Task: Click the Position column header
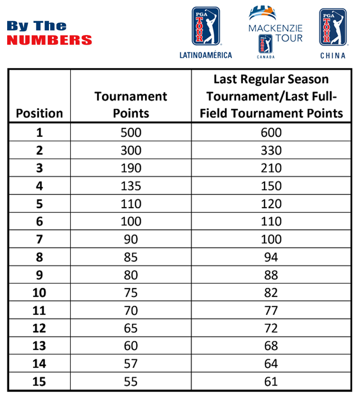click(x=39, y=113)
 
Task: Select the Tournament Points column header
click(x=131, y=105)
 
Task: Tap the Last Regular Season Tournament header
click(x=271, y=96)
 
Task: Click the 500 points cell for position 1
click(x=131, y=133)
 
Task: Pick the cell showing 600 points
click(x=271, y=133)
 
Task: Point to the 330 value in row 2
click(x=271, y=150)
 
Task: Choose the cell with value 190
click(x=131, y=168)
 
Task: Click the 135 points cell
click(x=131, y=186)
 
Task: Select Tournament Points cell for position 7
click(x=131, y=239)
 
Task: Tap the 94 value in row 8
click(x=271, y=257)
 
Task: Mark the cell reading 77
click(x=271, y=311)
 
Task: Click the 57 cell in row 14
click(x=131, y=364)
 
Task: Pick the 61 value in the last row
click(x=271, y=381)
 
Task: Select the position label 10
click(x=39, y=292)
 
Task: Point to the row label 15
click(x=39, y=381)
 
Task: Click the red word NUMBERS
click(x=49, y=40)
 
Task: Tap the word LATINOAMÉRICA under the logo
click(x=206, y=55)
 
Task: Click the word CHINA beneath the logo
click(x=333, y=55)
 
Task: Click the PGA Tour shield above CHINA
click(x=333, y=27)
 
